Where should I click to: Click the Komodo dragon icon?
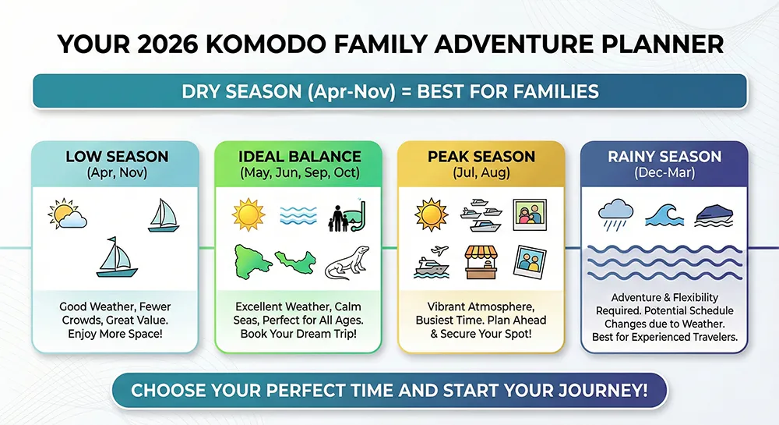[x=347, y=264]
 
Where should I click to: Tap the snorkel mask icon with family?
[x=347, y=216]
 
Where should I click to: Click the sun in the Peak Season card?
[x=432, y=214]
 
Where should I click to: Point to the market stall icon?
[x=481, y=262]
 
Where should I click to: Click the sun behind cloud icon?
[x=67, y=214]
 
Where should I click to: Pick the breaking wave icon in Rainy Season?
[x=664, y=215]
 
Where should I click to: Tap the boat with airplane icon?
[x=432, y=262]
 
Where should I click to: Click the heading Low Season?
[x=118, y=157]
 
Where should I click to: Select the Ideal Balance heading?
[x=300, y=157]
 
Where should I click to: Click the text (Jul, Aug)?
[x=481, y=173]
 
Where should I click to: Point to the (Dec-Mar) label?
[x=664, y=173]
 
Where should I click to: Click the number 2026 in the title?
[x=167, y=44]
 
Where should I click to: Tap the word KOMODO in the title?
[x=266, y=44]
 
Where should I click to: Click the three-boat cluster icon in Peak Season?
[x=481, y=215]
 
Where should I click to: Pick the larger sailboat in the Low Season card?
[x=117, y=257]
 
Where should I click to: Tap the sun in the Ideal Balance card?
[x=249, y=214]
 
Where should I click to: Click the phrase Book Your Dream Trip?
[x=298, y=334]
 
